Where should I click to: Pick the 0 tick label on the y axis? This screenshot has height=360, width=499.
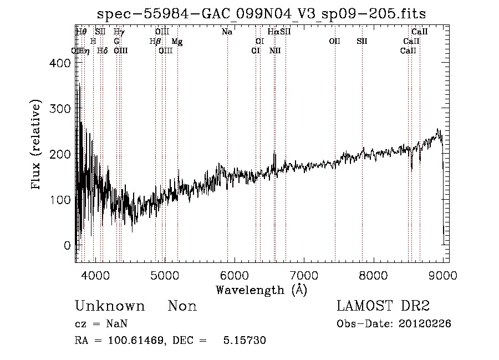click(x=67, y=245)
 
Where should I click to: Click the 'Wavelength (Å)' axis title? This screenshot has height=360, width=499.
click(x=261, y=290)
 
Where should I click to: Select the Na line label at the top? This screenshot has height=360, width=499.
click(x=227, y=32)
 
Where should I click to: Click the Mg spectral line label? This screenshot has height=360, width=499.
click(x=177, y=42)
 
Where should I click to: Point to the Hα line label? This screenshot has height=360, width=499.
click(x=273, y=32)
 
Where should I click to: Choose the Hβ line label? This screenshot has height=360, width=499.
click(x=155, y=42)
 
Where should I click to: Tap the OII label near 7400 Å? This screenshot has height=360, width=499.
click(x=334, y=42)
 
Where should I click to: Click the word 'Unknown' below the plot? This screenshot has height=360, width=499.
click(x=110, y=306)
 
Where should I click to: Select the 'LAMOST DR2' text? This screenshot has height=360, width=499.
click(x=383, y=306)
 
